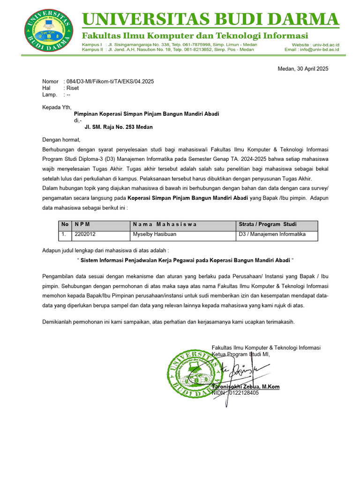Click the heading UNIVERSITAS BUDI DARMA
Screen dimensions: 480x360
click(x=210, y=20)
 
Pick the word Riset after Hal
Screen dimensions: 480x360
click(x=73, y=88)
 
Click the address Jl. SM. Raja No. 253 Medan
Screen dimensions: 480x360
click(x=118, y=127)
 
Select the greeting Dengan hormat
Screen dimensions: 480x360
click(x=61, y=140)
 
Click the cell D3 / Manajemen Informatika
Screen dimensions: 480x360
click(x=272, y=234)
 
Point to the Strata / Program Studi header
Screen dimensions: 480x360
click(x=267, y=225)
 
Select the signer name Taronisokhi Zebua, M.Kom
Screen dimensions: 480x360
click(x=246, y=387)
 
